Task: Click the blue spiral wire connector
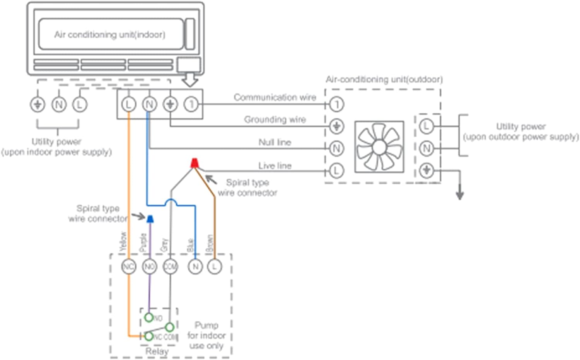tap(150, 219)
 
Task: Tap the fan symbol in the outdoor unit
tap(379, 147)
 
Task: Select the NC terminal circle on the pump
tap(129, 266)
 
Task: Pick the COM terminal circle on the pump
tap(170, 266)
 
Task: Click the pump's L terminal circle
tap(215, 266)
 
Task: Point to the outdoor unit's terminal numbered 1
tap(337, 104)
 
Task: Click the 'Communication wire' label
tap(275, 97)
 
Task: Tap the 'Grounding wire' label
tap(275, 120)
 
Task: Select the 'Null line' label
tap(275, 142)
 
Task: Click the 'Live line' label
tap(275, 166)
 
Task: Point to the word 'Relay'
tap(157, 351)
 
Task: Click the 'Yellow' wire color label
tap(123, 241)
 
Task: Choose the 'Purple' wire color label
tap(143, 243)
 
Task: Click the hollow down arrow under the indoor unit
tap(190, 80)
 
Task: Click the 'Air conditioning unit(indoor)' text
tap(109, 35)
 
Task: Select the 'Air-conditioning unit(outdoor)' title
tap(384, 80)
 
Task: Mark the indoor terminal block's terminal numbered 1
tap(191, 104)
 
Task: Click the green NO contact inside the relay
tap(149, 317)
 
